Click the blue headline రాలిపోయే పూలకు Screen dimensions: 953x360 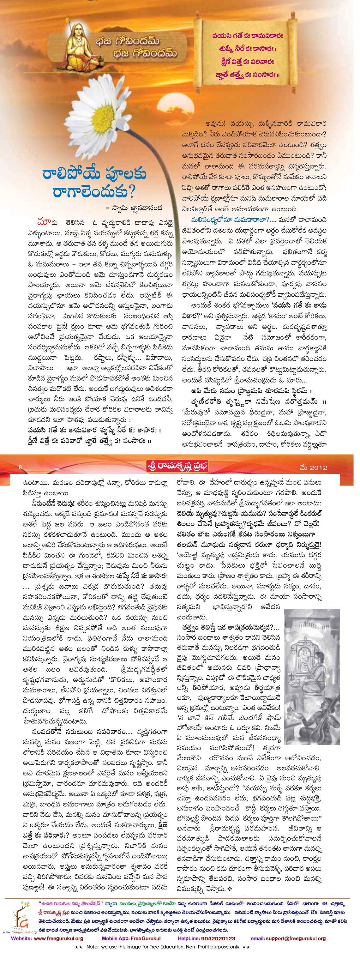(94, 174)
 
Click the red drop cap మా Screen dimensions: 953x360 (44, 222)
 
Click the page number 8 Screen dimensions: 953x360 (20, 467)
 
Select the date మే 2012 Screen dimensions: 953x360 (313, 467)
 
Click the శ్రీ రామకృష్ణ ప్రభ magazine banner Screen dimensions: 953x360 (177, 466)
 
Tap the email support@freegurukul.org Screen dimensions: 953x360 (298, 938)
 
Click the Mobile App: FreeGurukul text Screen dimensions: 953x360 (131, 938)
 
